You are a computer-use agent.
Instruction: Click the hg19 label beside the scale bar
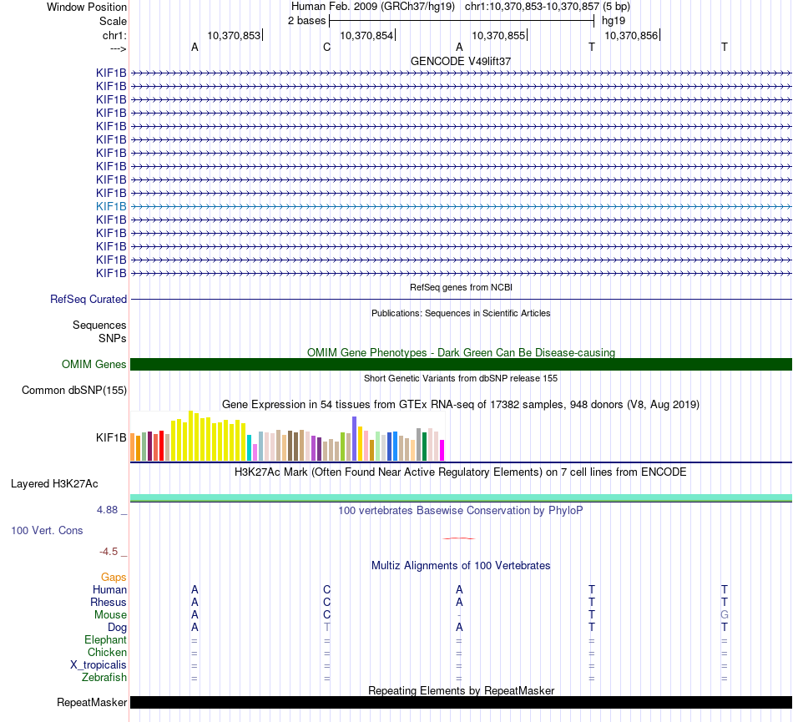614,20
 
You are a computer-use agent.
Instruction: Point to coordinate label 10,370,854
366,36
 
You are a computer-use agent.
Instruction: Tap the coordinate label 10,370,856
631,36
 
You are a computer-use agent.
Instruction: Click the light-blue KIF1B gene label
111,206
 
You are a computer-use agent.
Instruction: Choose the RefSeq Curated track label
88,300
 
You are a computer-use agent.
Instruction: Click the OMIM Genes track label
94,365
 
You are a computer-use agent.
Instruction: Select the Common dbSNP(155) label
74,391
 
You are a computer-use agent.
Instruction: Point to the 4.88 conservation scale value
111,509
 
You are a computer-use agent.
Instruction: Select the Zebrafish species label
104,678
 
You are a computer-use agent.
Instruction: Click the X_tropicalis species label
98,665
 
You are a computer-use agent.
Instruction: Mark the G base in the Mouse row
725,615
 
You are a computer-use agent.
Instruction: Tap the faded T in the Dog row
327,628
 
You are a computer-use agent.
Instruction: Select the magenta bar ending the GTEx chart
442,450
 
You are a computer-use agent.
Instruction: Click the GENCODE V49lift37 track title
461,62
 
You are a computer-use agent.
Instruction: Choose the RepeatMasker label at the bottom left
92,703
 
